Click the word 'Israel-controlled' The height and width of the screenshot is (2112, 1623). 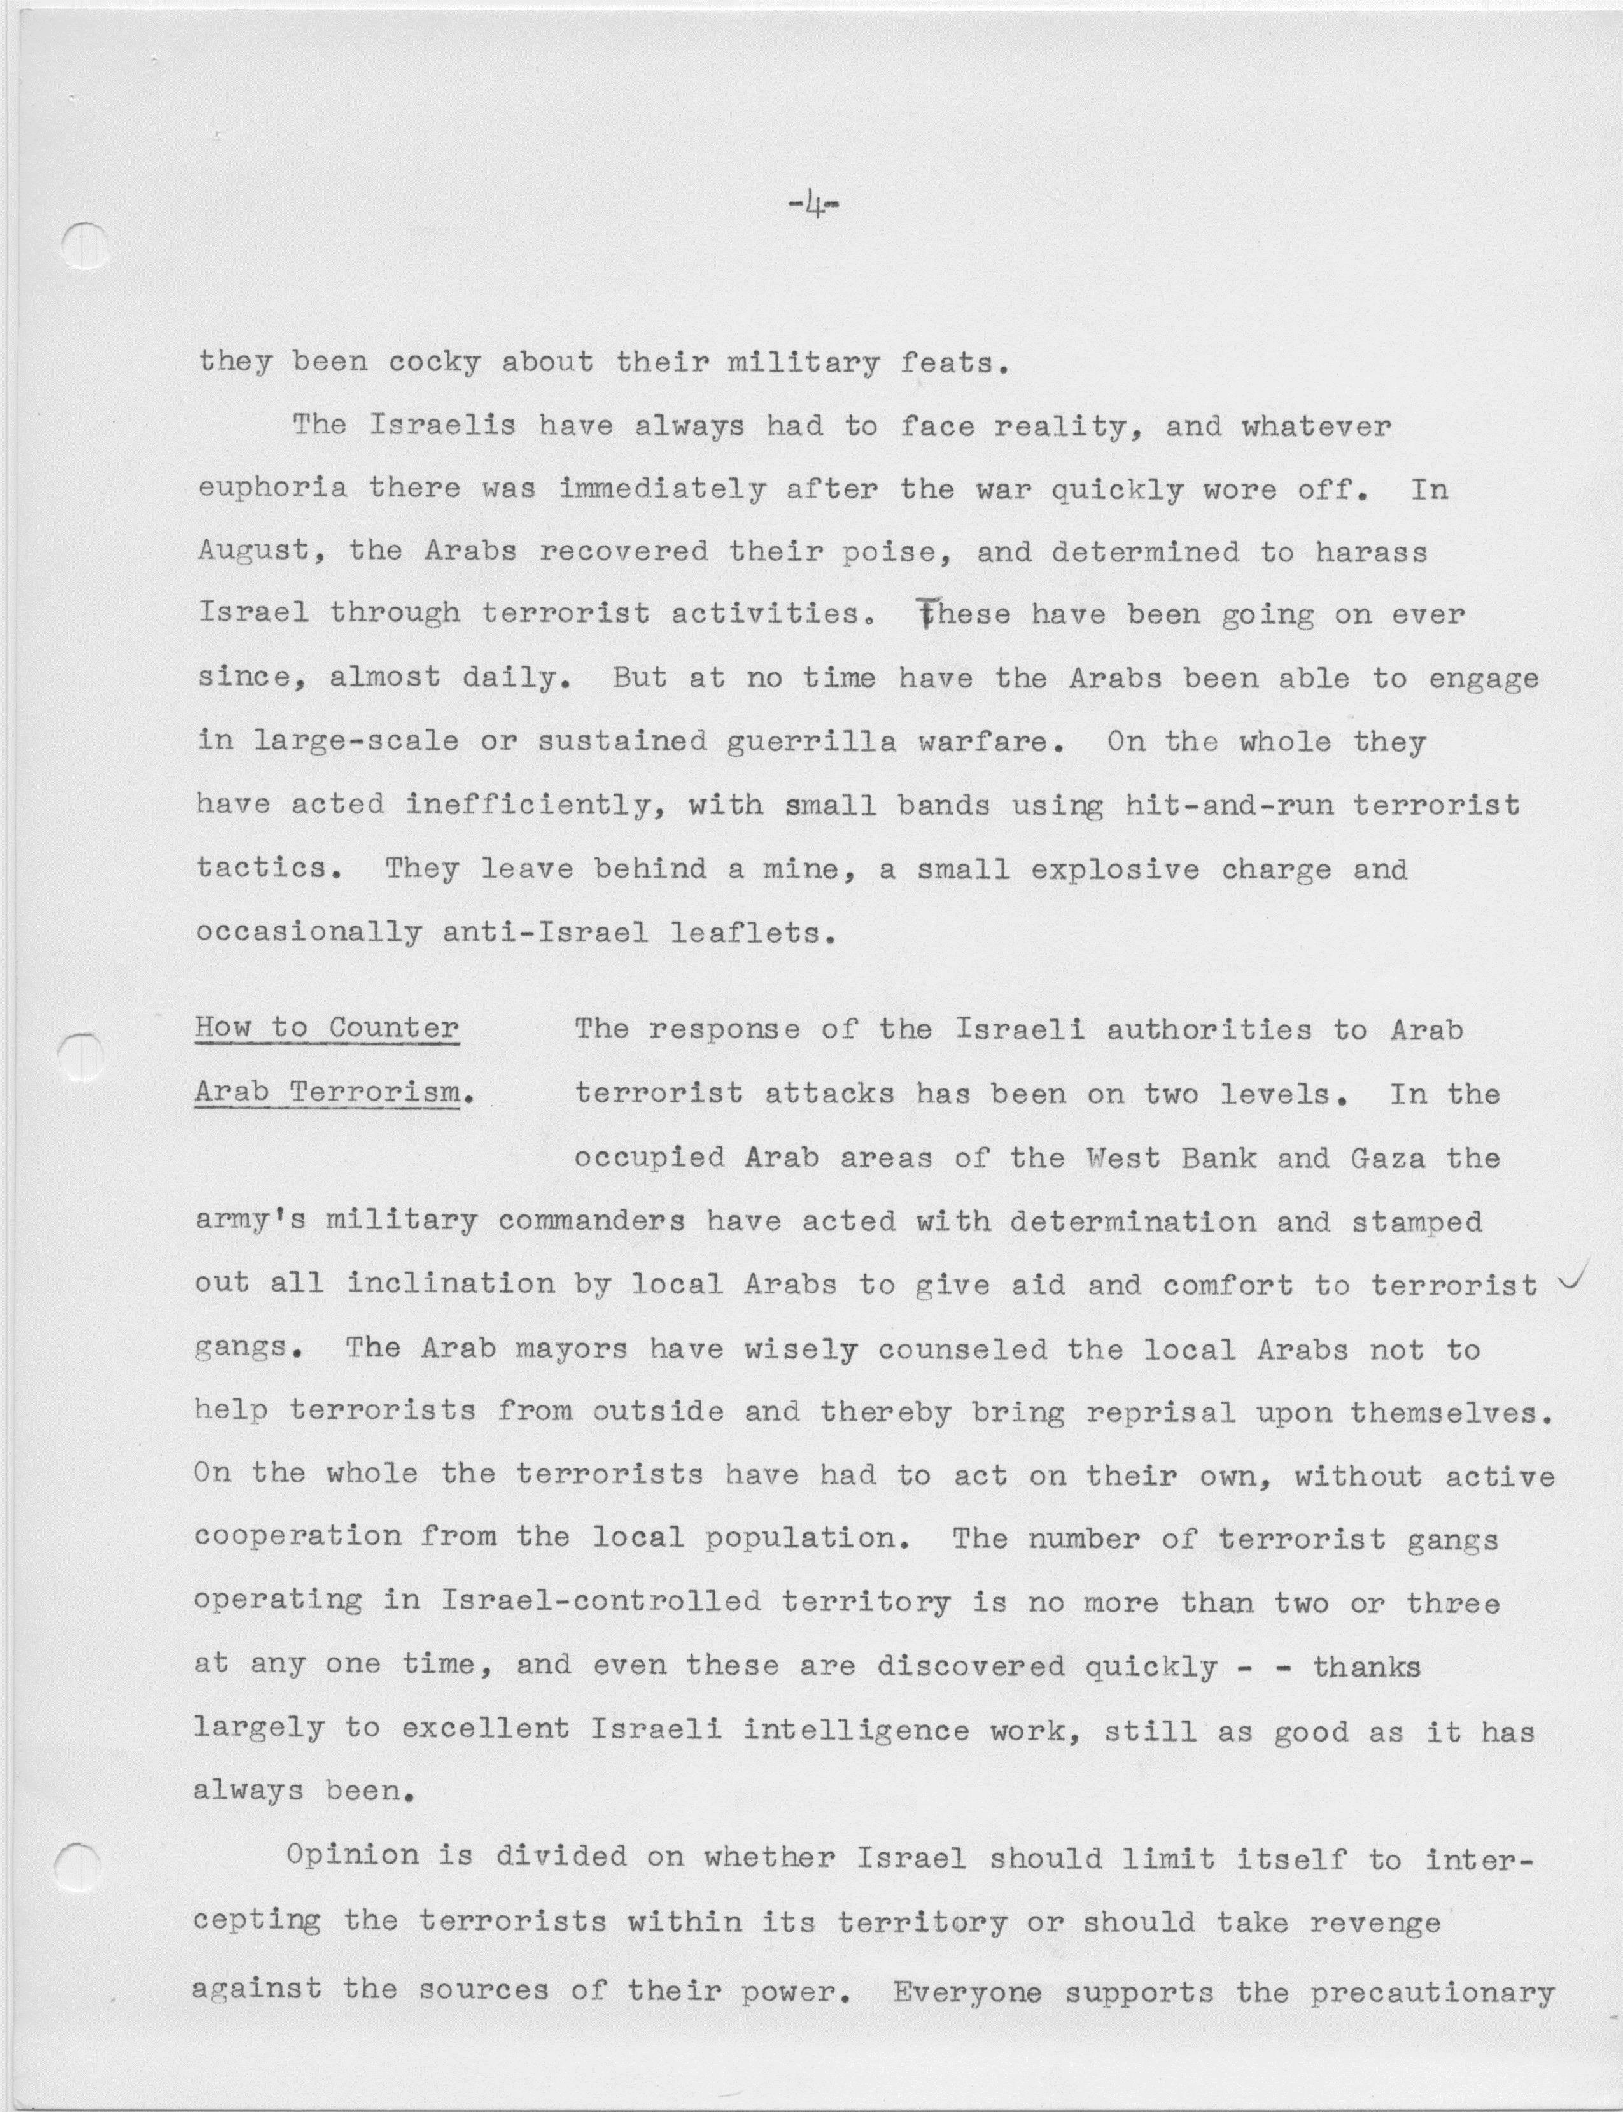[x=601, y=1602]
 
